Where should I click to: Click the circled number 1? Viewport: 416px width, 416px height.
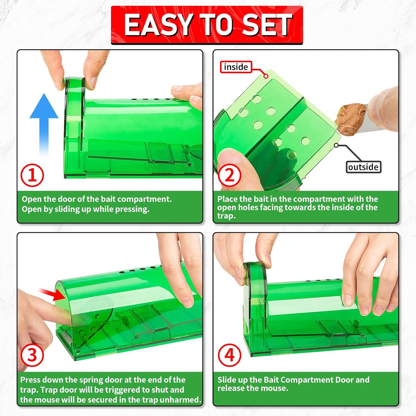click(32, 175)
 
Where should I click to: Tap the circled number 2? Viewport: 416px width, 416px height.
click(229, 175)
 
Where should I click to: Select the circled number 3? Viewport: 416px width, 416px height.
click(32, 355)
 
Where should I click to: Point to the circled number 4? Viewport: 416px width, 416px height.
click(229, 355)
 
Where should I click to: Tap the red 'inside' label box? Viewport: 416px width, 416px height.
click(236, 67)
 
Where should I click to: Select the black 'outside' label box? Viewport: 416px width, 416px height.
click(363, 167)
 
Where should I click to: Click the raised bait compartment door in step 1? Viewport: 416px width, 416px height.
click(74, 111)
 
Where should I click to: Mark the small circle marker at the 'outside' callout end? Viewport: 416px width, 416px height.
click(336, 145)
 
